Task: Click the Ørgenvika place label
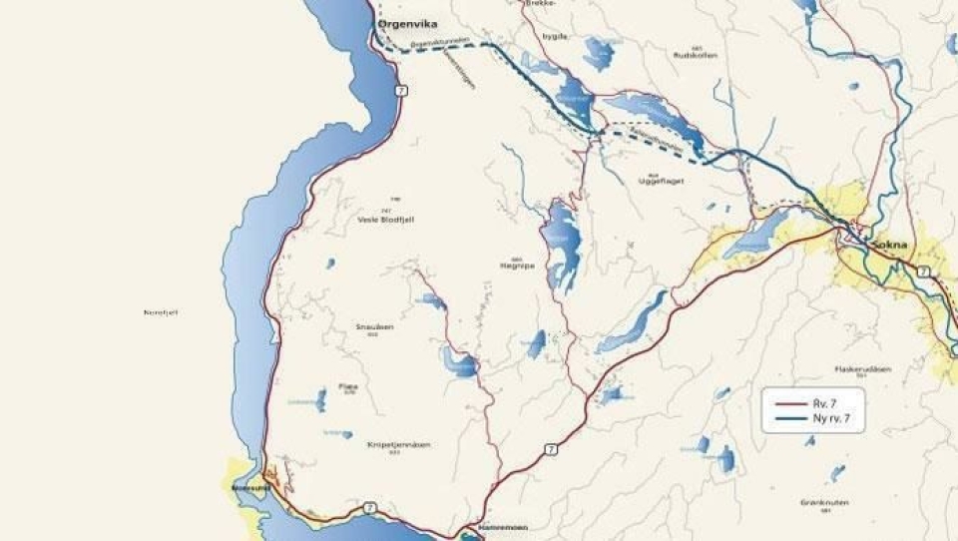tap(408, 24)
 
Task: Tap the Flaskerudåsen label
tap(863, 368)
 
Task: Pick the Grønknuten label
tap(823, 502)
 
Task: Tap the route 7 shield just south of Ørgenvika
tap(400, 90)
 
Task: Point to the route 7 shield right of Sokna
tap(923, 271)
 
